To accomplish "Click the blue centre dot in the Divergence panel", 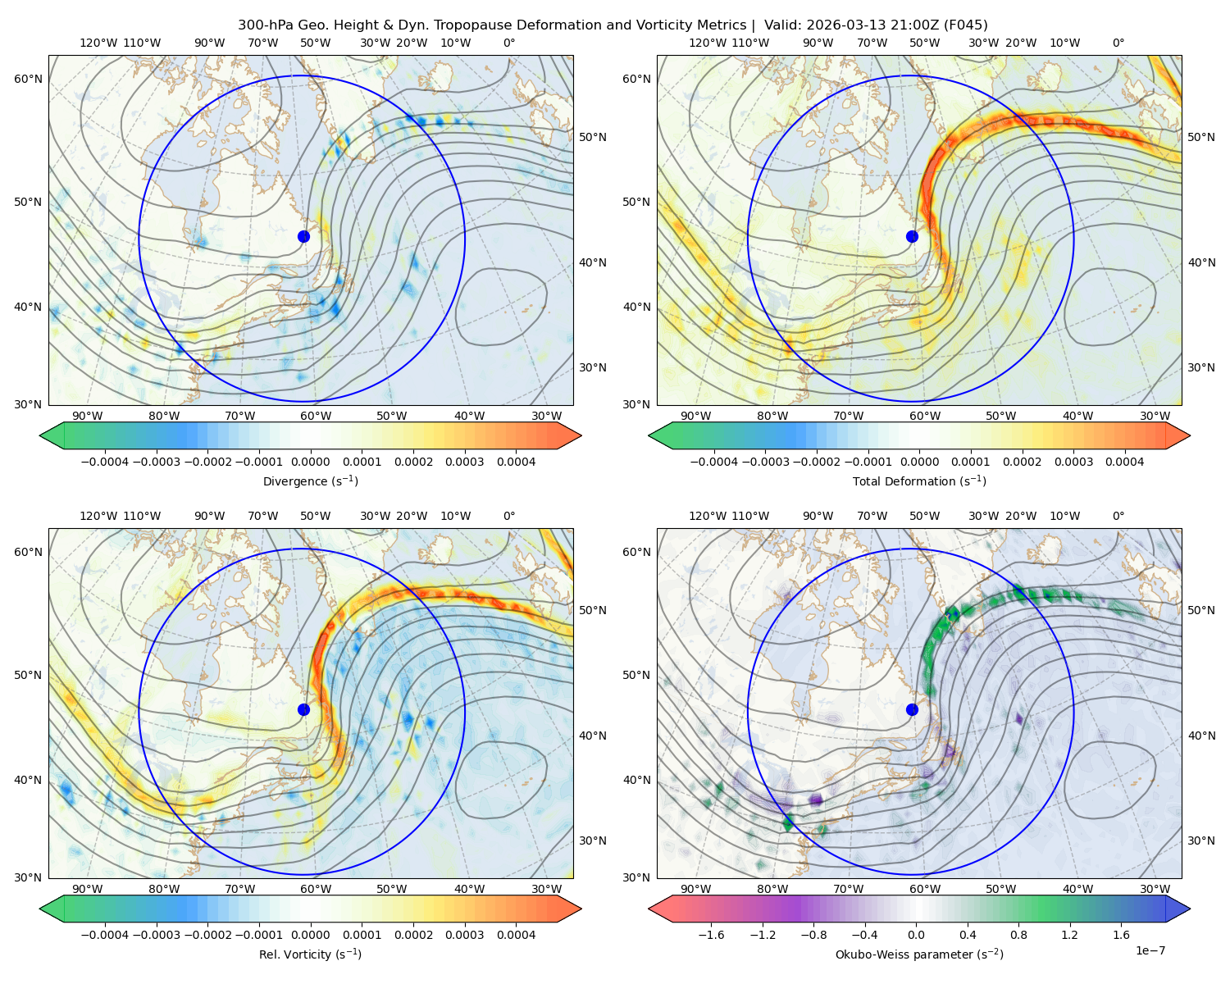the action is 303,236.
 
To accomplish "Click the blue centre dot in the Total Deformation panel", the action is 912,236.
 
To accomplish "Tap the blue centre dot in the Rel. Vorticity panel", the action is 303,709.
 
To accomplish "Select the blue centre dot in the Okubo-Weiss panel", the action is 912,709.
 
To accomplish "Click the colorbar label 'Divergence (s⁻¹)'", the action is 310,481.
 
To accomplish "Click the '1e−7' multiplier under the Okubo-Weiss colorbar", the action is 1150,950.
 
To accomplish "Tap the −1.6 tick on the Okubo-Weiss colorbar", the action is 711,934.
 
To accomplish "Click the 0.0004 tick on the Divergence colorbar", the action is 516,462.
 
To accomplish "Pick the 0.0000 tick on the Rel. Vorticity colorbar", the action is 310,934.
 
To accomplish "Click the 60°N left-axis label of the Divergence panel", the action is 28,79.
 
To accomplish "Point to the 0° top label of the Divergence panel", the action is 509,43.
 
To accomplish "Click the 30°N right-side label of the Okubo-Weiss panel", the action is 1200,840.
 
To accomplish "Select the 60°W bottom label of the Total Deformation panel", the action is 924,416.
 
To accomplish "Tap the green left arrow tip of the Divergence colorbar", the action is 40,435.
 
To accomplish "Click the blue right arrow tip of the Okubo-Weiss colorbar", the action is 1189,909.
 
